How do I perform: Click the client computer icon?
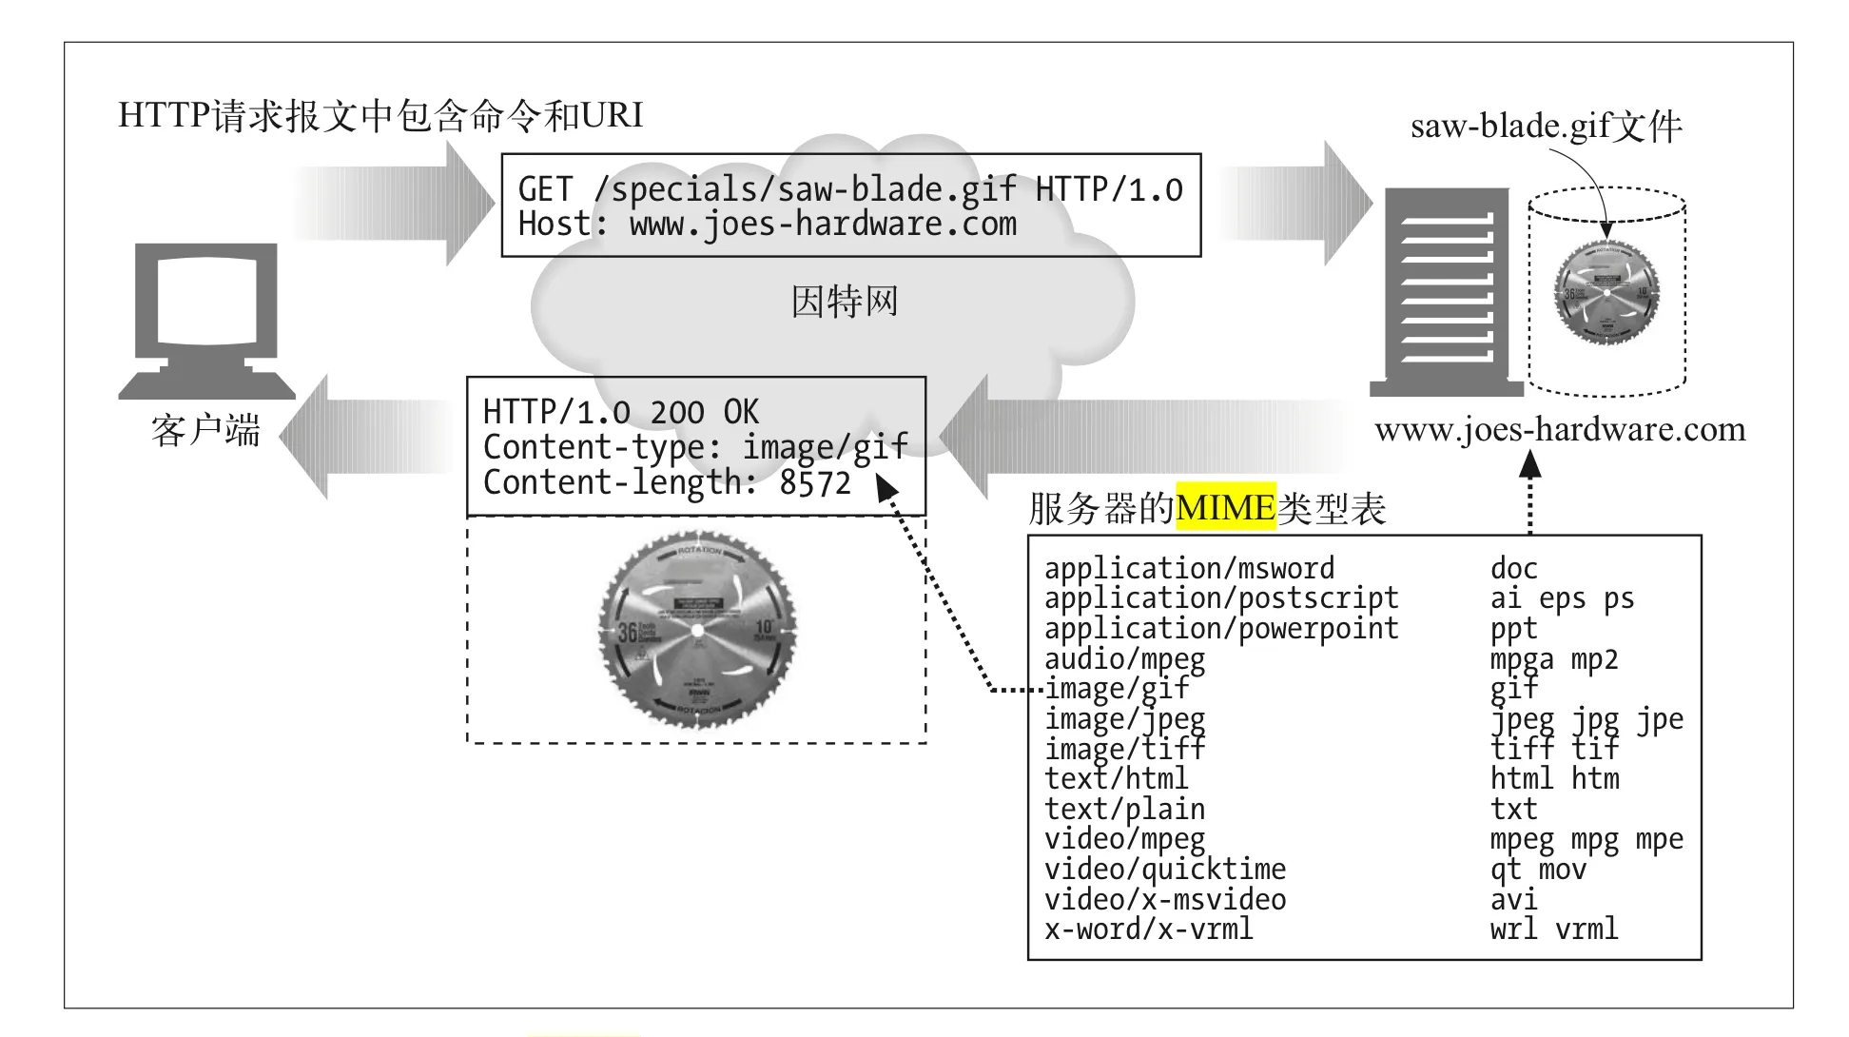[x=206, y=319]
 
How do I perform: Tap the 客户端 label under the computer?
[x=205, y=431]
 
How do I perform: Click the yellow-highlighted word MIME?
[x=1225, y=507]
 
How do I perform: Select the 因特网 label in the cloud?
[x=844, y=302]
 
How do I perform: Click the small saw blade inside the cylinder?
[x=1606, y=292]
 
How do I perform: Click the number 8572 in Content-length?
[x=815, y=483]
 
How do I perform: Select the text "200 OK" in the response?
[x=704, y=413]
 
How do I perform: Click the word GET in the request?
[x=545, y=189]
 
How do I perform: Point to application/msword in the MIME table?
[x=1189, y=569]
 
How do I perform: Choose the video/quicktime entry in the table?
[x=1164, y=870]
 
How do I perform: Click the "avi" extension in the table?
[x=1513, y=900]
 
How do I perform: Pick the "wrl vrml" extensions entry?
[x=1553, y=929]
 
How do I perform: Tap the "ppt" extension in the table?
[x=1513, y=630]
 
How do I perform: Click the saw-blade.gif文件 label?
[x=1546, y=127]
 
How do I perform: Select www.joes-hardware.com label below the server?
[x=1560, y=430]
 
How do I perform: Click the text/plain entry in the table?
[x=1124, y=810]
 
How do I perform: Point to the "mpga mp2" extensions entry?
[x=1553, y=659]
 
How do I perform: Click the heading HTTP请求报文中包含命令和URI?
[x=380, y=115]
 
